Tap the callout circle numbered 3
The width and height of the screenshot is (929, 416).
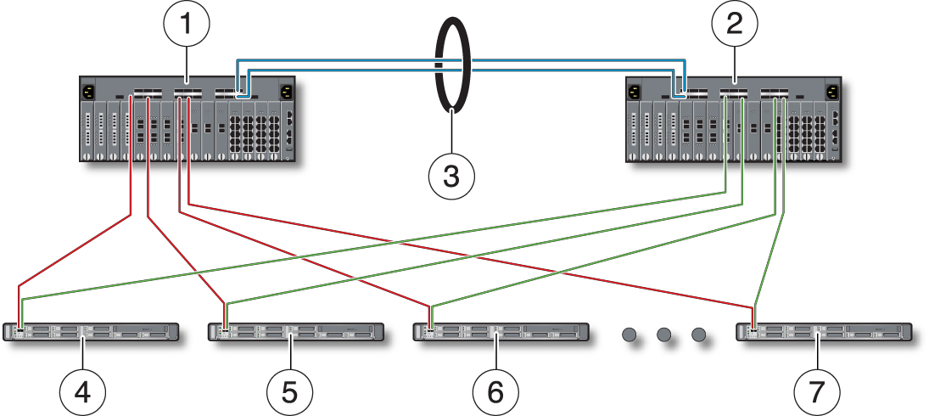pyautogui.click(x=452, y=176)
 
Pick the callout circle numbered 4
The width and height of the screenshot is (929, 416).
pyautogui.click(x=82, y=391)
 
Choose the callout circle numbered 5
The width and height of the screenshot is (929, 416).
pyautogui.click(x=289, y=391)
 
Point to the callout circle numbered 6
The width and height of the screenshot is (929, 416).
pyautogui.click(x=495, y=391)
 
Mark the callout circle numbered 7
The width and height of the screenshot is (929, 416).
pyautogui.click(x=817, y=391)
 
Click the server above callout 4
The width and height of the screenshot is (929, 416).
pyautogui.click(x=91, y=332)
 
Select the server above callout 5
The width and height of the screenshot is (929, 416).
pyautogui.click(x=295, y=332)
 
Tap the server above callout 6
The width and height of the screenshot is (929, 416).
pyautogui.click(x=501, y=332)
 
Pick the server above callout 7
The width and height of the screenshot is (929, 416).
pyautogui.click(x=824, y=332)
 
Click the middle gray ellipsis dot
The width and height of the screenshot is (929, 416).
pyautogui.click(x=663, y=335)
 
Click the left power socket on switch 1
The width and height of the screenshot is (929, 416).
pyautogui.click(x=89, y=92)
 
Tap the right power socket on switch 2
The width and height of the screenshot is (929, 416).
pyautogui.click(x=831, y=92)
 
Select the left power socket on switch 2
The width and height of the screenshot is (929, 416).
pyautogui.click(x=635, y=92)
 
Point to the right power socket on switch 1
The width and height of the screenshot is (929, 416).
pyautogui.click(x=287, y=92)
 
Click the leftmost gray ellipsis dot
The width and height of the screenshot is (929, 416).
pyautogui.click(x=630, y=335)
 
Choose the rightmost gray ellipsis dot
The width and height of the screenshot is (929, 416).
pyautogui.click(x=699, y=335)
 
